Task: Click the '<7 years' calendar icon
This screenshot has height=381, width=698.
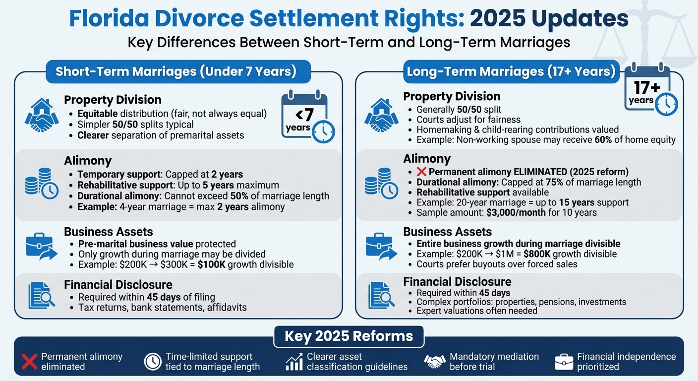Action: click(x=307, y=118)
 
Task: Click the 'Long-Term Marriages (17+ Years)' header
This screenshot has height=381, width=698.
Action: click(x=511, y=72)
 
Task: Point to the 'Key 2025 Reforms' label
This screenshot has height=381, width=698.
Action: click(x=349, y=336)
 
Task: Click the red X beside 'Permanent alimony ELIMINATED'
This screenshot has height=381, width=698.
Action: click(x=421, y=172)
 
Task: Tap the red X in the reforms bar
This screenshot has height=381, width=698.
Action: click(x=30, y=361)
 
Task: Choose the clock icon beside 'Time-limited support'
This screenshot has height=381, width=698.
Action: click(x=153, y=361)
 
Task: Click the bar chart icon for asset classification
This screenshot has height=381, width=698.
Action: click(x=294, y=362)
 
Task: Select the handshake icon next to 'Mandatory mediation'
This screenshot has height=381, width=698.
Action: click(x=435, y=361)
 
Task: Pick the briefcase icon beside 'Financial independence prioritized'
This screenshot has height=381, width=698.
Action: click(x=564, y=362)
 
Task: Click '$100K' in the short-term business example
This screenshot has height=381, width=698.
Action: click(x=211, y=264)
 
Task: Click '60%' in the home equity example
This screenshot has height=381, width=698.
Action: click(x=604, y=140)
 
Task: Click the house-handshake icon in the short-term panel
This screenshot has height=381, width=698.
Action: click(x=42, y=115)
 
